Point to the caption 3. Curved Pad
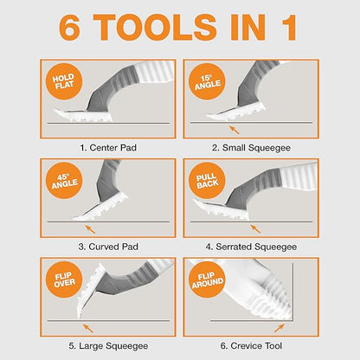pyautogui.click(x=106, y=247)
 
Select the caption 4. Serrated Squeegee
pyautogui.click(x=252, y=247)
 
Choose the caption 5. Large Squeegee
pyautogui.click(x=106, y=345)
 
